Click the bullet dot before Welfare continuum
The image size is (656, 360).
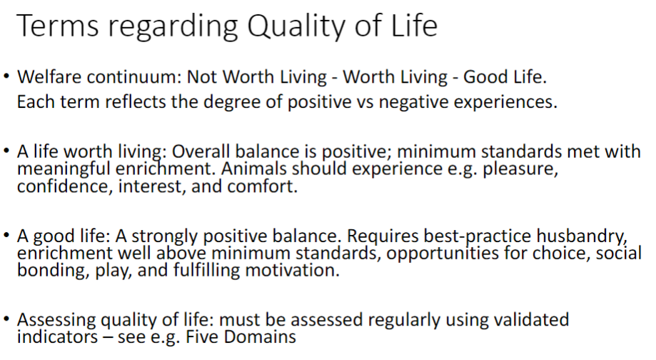[7, 76]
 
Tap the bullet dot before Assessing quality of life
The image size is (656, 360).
[7, 319]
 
